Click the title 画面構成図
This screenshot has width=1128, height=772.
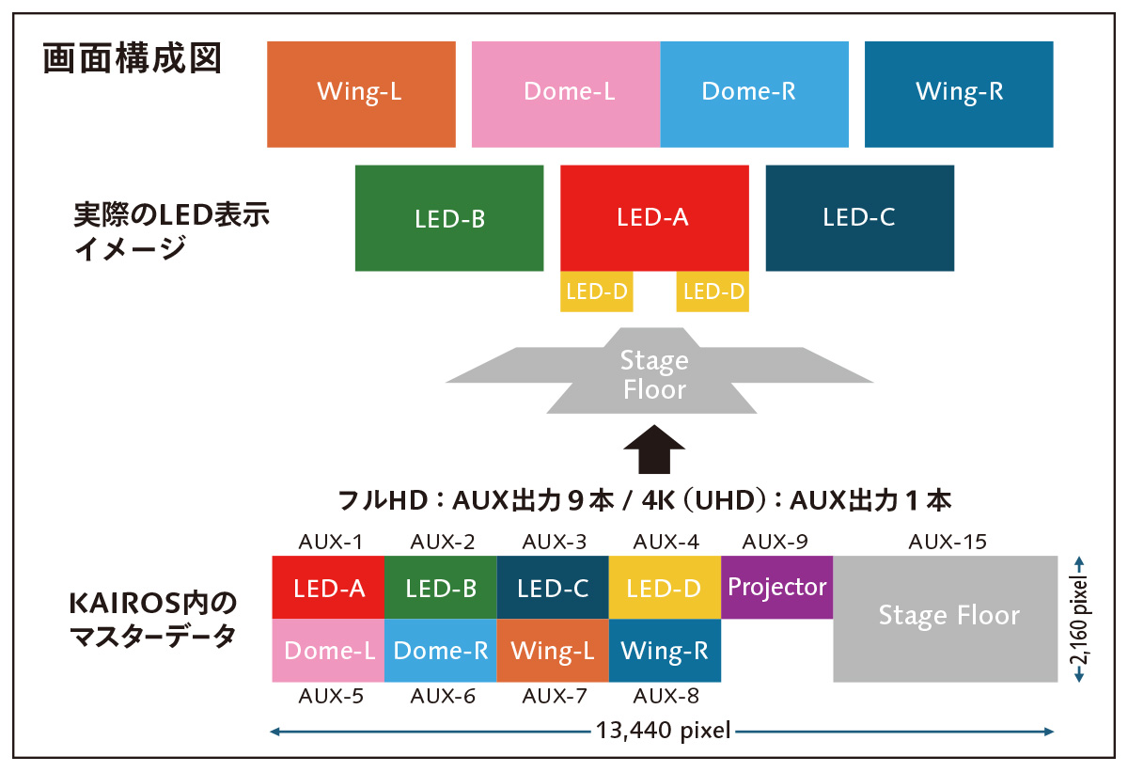[x=133, y=59]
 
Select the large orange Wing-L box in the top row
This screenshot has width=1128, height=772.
[x=361, y=94]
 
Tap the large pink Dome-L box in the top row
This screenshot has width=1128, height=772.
[x=566, y=94]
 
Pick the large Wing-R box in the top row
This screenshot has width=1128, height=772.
[x=959, y=94]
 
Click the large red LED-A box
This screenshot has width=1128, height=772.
[x=654, y=218]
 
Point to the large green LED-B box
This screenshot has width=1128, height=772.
[x=449, y=218]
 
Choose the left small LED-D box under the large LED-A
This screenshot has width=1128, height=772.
[x=596, y=291]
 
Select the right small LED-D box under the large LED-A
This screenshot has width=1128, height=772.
[x=713, y=291]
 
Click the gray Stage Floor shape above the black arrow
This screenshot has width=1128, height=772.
[x=656, y=373]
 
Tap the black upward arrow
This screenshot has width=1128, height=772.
[x=655, y=451]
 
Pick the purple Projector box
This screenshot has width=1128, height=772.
[x=776, y=588]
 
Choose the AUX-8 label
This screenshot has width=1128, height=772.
[x=666, y=697]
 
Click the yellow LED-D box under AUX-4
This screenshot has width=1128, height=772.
[x=664, y=588]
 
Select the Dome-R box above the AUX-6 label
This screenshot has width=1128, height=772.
[x=440, y=651]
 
